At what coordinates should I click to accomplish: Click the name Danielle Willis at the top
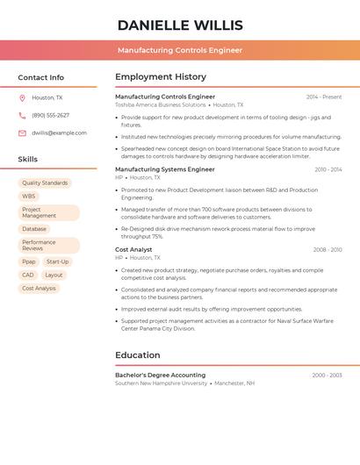180,25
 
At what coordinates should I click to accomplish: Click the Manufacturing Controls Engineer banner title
180,50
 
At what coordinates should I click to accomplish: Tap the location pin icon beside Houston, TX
22,97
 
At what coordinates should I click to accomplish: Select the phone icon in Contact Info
22,115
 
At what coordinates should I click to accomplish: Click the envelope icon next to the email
22,133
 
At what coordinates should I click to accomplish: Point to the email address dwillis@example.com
59,133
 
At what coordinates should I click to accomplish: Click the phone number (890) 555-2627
50,115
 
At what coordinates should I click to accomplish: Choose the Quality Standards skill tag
45,183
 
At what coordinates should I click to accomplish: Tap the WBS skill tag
29,197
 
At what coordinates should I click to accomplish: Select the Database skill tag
34,229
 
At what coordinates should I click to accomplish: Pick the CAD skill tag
28,275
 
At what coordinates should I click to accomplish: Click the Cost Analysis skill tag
39,288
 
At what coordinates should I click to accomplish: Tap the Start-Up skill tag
57,261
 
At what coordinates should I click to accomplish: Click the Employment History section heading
161,77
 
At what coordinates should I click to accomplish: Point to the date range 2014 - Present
324,97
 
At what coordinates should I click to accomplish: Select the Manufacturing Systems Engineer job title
165,169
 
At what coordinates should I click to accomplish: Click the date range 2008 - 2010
328,250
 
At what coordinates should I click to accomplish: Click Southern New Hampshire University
162,383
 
